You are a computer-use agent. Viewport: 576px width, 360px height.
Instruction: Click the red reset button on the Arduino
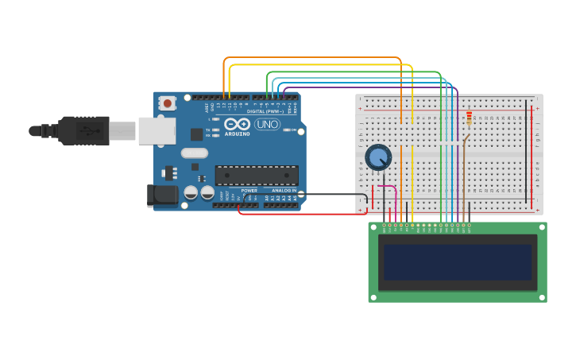(167, 103)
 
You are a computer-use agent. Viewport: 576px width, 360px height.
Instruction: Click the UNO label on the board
(267, 124)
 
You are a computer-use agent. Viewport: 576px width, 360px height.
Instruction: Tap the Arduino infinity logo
(238, 124)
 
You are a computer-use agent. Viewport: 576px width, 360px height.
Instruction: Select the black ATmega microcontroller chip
(257, 175)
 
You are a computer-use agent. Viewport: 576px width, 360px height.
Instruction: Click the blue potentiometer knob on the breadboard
(378, 157)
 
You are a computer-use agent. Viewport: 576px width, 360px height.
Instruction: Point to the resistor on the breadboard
(469, 118)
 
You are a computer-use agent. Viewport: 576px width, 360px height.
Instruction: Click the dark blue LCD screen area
(457, 261)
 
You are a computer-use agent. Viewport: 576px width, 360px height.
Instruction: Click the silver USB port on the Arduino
(157, 130)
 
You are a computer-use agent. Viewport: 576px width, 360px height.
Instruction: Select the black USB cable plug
(83, 130)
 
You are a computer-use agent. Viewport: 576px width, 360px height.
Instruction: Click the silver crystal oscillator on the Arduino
(194, 153)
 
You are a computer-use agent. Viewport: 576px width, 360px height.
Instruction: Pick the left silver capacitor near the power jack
(191, 192)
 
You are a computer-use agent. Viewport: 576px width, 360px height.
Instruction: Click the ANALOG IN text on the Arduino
(283, 191)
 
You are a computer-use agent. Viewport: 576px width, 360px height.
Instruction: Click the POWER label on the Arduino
(249, 191)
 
